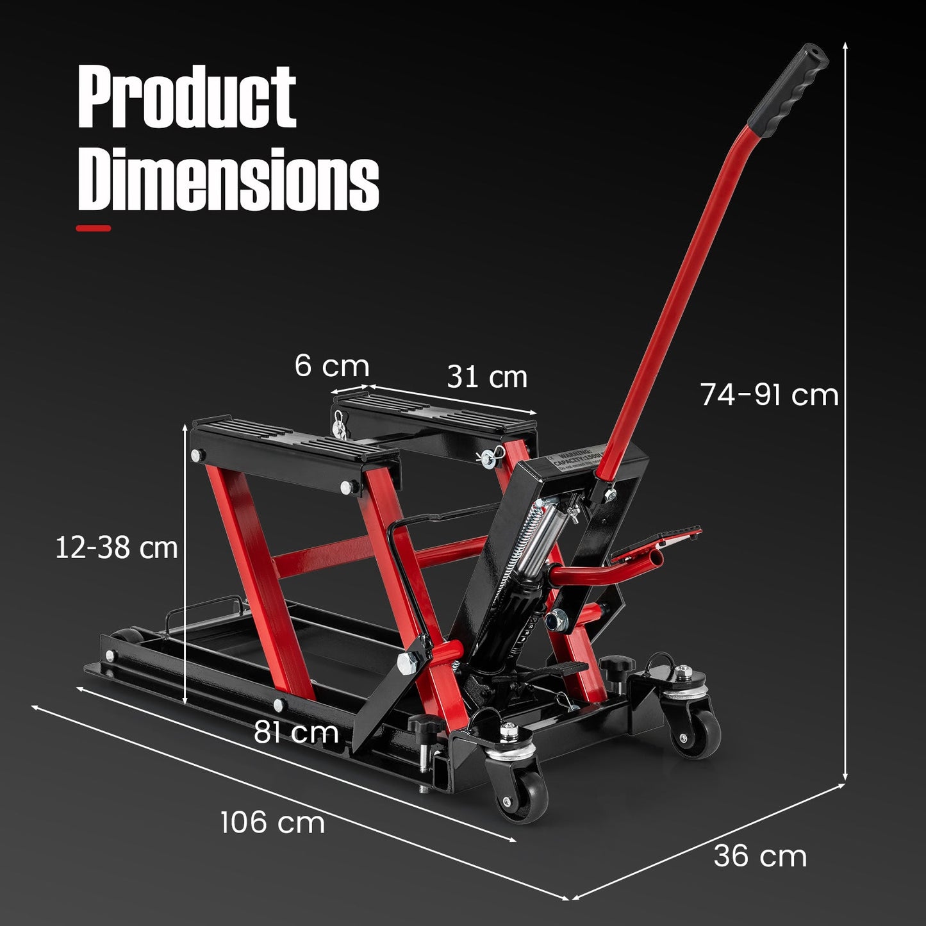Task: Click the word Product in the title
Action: click(x=186, y=97)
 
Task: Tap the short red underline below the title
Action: click(x=94, y=227)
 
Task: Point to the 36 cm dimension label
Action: click(x=760, y=856)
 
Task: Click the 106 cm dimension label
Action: click(x=272, y=822)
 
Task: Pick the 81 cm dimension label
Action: click(x=296, y=732)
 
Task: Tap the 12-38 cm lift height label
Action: click(x=116, y=548)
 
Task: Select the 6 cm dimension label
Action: click(x=332, y=366)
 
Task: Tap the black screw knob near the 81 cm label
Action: click(x=424, y=725)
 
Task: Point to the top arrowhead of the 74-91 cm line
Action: click(x=845, y=46)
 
